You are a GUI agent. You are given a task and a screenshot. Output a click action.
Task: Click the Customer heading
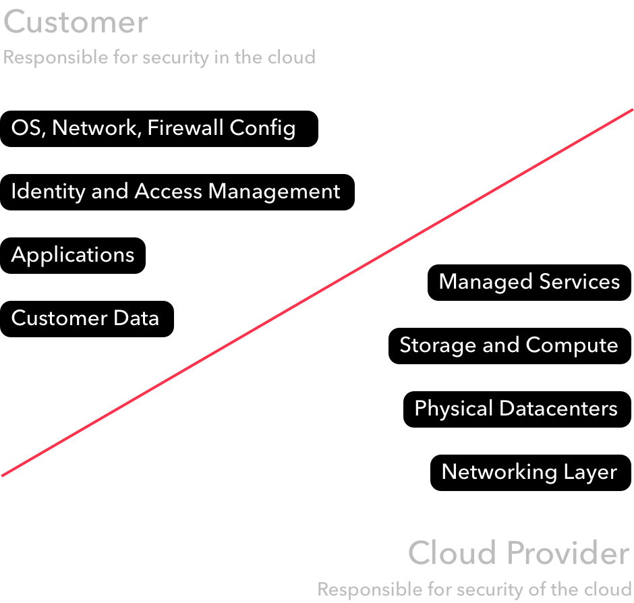[x=76, y=22]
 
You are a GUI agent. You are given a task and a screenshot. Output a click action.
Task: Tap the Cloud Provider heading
[x=519, y=553]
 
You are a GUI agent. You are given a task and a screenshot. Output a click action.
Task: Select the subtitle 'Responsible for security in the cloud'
[x=159, y=57]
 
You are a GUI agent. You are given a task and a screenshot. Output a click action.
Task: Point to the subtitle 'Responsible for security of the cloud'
[x=475, y=589]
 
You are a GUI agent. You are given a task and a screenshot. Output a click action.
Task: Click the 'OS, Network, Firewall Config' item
[x=153, y=128]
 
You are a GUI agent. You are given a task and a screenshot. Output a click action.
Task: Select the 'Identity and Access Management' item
[x=175, y=192]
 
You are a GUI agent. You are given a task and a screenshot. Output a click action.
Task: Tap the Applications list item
[x=73, y=255]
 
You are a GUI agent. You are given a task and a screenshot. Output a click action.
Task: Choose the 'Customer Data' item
[x=85, y=318]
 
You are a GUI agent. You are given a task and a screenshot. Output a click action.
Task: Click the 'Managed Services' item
[x=529, y=281]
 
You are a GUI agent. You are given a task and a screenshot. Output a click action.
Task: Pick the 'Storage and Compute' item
[x=509, y=345]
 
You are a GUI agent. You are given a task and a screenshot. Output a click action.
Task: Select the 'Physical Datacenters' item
[x=516, y=408]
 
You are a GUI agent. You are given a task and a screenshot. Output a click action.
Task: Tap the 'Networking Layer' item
[x=529, y=471]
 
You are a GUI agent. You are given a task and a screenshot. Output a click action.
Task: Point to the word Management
[x=274, y=192]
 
